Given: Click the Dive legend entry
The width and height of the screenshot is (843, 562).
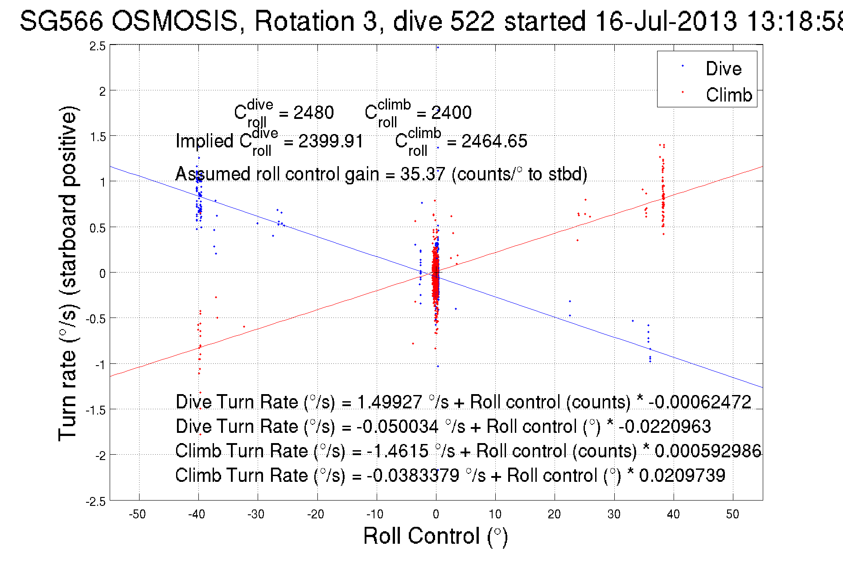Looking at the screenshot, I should coord(723,69).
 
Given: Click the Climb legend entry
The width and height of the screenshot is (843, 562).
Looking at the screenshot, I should coord(728,95).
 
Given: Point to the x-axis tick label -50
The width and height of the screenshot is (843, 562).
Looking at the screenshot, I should coord(137,514).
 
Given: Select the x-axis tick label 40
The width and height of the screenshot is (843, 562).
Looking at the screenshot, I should coord(673,514).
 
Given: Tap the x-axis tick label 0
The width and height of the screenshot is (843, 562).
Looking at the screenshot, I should coord(436,514).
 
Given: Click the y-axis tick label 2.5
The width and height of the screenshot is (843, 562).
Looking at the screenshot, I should coord(98,46).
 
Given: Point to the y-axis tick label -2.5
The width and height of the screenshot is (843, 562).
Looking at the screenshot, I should coord(96,501).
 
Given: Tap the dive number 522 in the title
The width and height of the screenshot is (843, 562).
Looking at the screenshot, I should coord(472,21).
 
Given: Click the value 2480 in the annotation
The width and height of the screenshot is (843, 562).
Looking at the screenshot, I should coord(313,113).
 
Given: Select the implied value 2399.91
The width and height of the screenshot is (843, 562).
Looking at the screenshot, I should coord(330,141).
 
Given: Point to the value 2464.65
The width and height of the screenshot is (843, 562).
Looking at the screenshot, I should coord(494,141).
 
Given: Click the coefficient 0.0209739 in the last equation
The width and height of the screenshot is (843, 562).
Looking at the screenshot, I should coord(682,476).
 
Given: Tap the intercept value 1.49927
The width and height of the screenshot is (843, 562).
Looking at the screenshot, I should coord(389,402).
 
